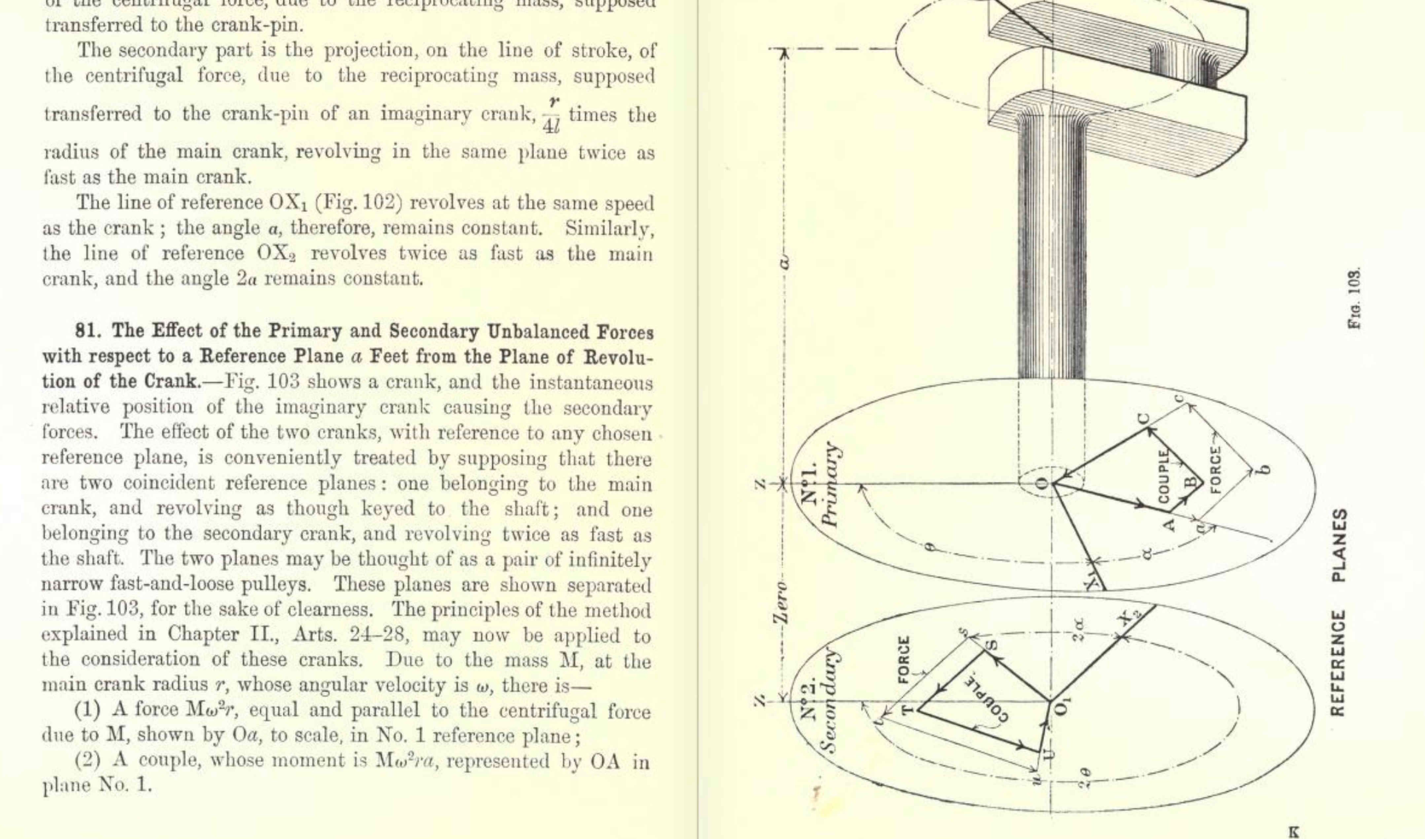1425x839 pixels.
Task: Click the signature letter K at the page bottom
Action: point(1293,832)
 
